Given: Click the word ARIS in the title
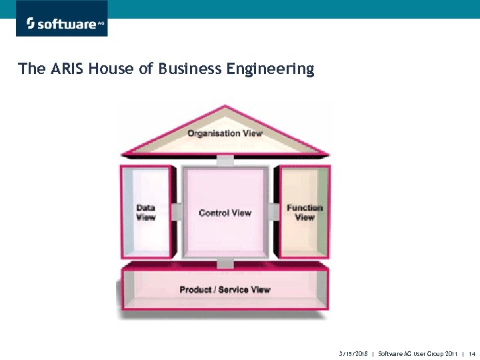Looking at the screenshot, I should pyautogui.click(x=67, y=69).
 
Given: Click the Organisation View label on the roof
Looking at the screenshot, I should pyautogui.click(x=225, y=133).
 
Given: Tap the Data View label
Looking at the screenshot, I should pyautogui.click(x=145, y=213).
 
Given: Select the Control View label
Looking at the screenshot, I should pyautogui.click(x=225, y=213).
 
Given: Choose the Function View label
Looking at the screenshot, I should pyautogui.click(x=304, y=213).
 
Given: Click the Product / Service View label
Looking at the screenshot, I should pyautogui.click(x=225, y=290).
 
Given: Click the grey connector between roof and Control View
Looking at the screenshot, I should pyautogui.click(x=225, y=161).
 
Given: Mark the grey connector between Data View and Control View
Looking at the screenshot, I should pyautogui.click(x=177, y=211).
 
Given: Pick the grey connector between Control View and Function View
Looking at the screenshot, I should pyautogui.click(x=273, y=211).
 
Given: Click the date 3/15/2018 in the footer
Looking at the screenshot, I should pyautogui.click(x=353, y=353).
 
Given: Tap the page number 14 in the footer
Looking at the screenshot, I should pyautogui.click(x=472, y=353).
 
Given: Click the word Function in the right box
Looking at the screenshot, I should pyautogui.click(x=304, y=208).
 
